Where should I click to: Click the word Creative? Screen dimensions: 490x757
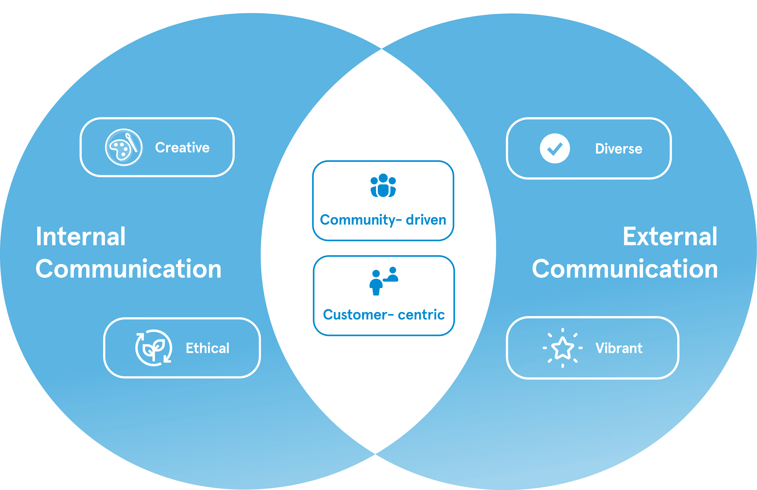point(182,147)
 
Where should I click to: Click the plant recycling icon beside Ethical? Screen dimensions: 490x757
point(154,348)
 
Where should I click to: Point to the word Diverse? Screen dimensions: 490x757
point(619,149)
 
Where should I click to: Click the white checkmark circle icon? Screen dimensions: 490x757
point(555,148)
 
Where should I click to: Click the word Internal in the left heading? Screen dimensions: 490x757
point(81,237)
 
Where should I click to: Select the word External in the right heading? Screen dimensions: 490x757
point(670,237)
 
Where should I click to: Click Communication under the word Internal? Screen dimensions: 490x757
point(129,269)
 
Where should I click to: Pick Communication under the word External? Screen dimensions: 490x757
point(625,269)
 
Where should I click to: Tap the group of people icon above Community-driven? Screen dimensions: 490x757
point(383,186)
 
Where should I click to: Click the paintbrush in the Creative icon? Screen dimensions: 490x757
point(131,142)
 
